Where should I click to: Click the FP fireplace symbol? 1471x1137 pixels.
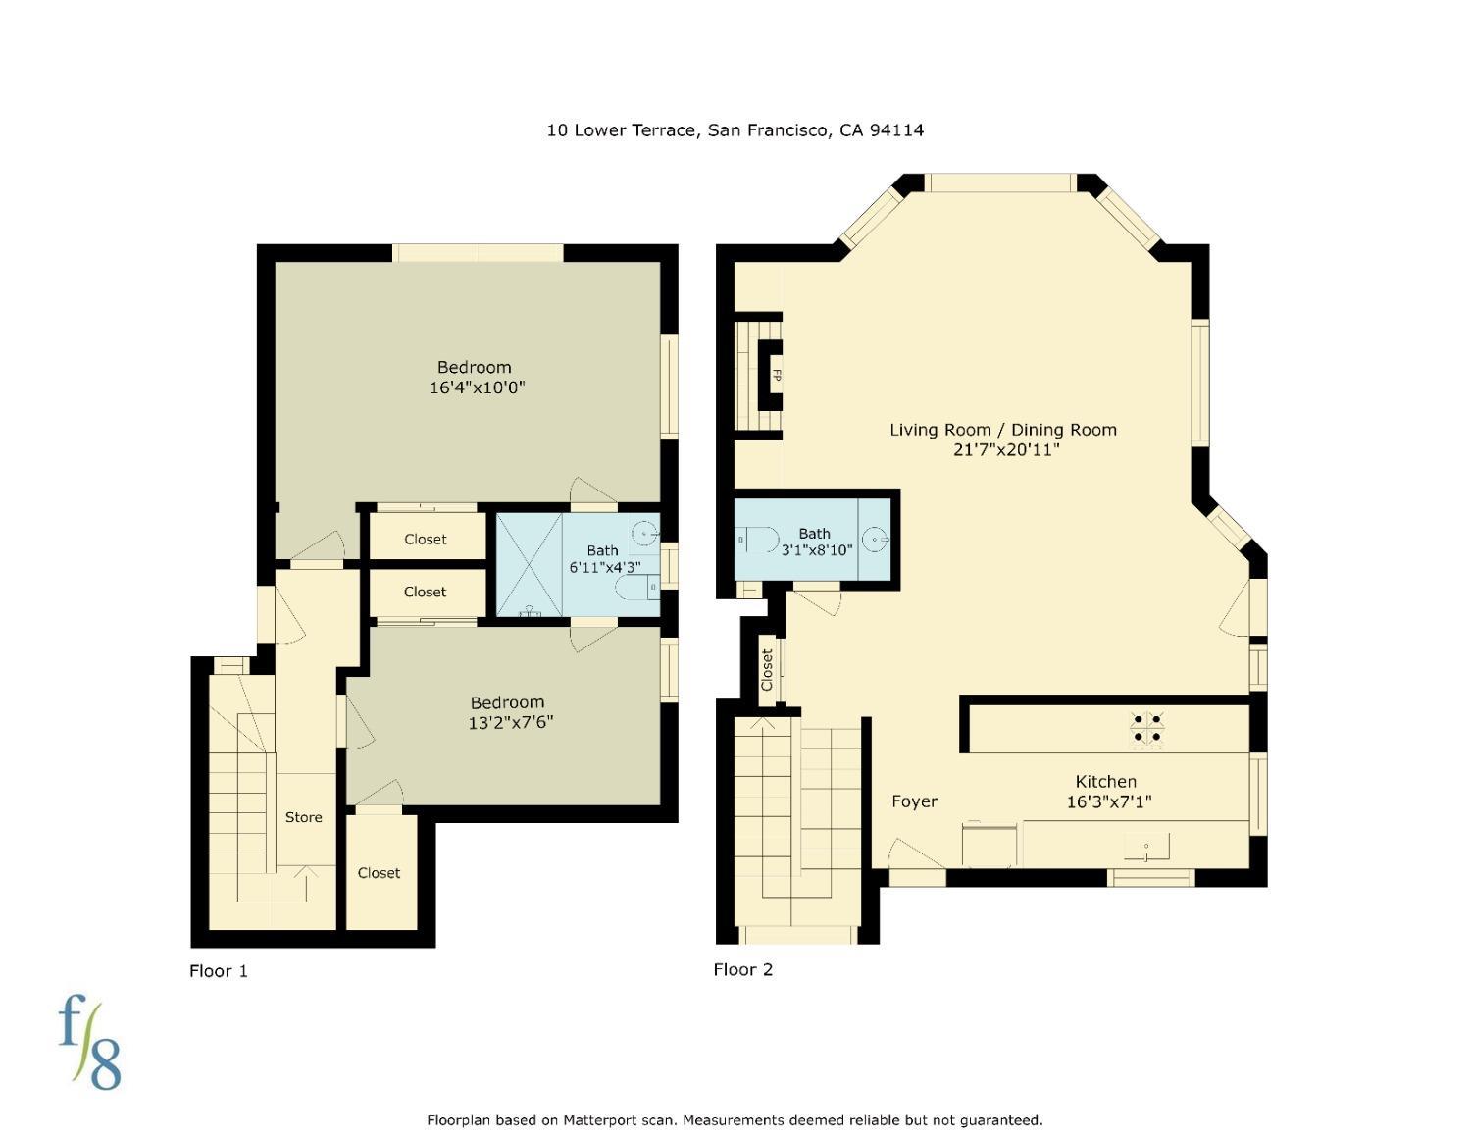point(774,375)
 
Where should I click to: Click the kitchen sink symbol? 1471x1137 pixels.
point(1146,846)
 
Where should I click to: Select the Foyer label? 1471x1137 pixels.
point(914,801)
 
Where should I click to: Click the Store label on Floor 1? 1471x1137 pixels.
point(303,817)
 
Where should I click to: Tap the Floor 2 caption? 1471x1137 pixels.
point(742,969)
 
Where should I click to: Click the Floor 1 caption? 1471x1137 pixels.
point(218,970)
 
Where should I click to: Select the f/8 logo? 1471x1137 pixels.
point(89,1042)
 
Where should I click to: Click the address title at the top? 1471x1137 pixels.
point(735,129)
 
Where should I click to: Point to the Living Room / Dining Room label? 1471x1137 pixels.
point(1002,429)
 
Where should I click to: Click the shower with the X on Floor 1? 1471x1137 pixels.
point(529,564)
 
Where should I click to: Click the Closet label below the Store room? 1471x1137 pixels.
point(379,873)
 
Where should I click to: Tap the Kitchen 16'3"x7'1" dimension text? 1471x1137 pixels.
point(1108,801)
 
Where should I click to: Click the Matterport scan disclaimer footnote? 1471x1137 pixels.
point(735,1119)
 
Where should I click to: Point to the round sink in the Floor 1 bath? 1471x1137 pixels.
point(643,534)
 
